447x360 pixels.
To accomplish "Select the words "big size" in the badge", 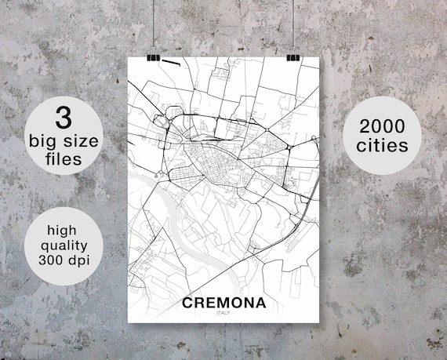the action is (63, 141).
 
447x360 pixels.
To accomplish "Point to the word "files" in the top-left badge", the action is (63, 159).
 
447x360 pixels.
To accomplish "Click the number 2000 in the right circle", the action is (385, 125).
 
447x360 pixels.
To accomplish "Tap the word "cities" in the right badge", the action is (385, 145).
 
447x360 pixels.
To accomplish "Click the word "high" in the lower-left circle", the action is (63, 231).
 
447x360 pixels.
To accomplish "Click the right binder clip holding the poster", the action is (293, 57).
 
